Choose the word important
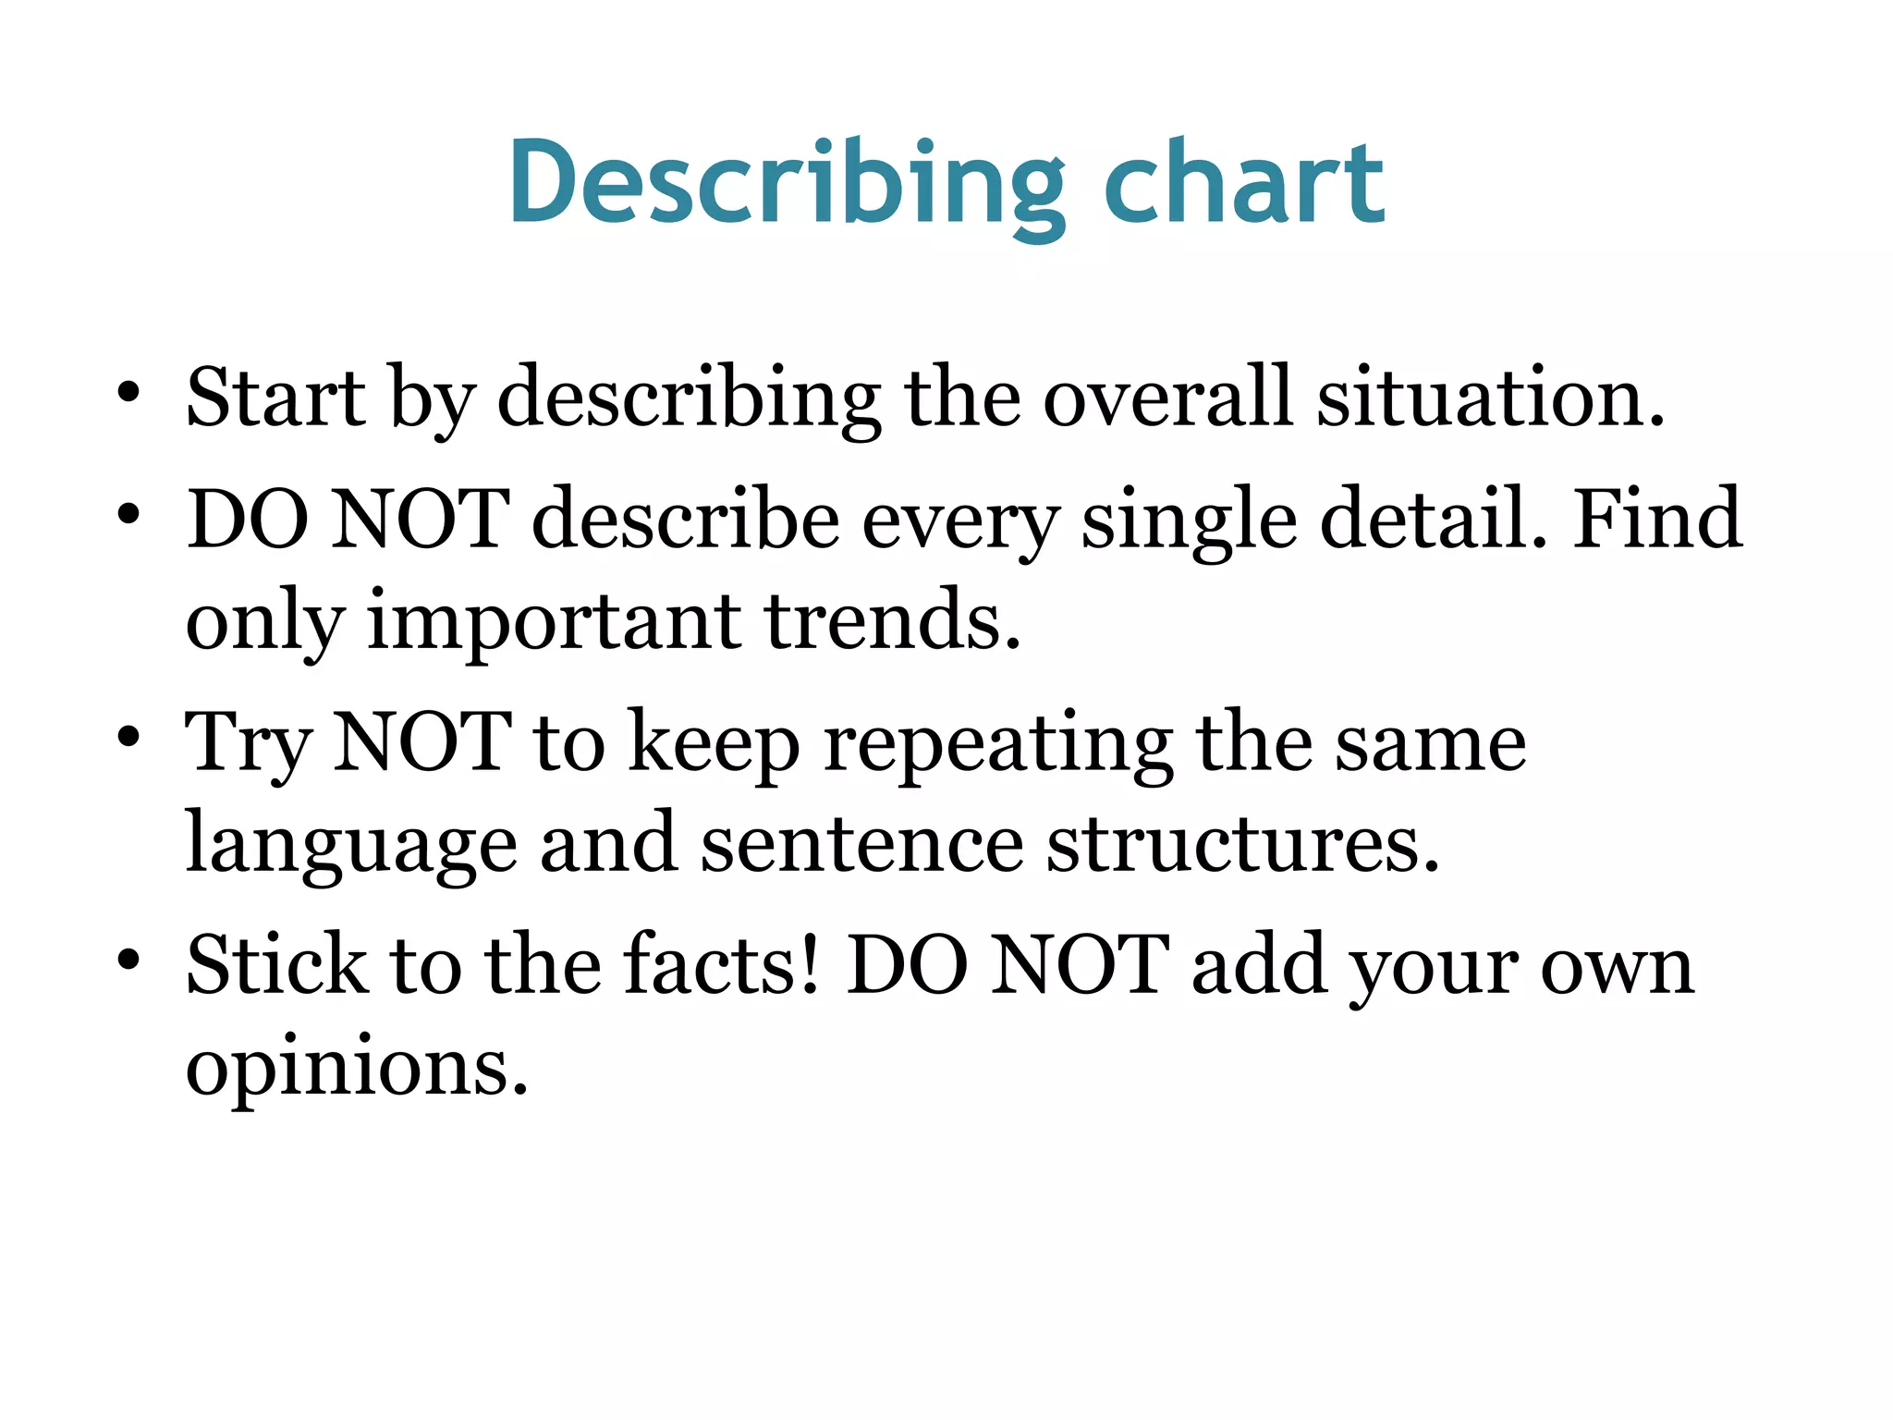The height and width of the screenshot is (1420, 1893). [x=555, y=622]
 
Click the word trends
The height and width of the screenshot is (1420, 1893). [x=893, y=620]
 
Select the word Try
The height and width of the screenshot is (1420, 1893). [x=247, y=744]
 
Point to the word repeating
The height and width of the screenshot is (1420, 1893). [x=998, y=744]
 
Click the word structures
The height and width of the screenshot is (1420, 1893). [x=1243, y=844]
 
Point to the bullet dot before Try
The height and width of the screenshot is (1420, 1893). [x=128, y=738]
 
